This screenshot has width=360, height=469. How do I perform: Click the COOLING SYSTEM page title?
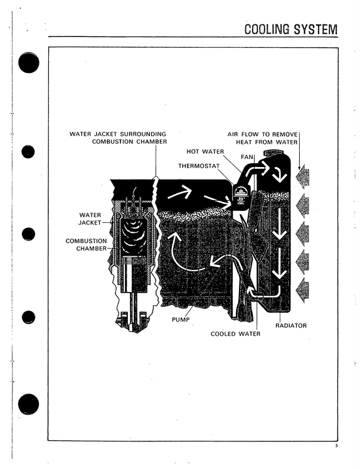(290, 30)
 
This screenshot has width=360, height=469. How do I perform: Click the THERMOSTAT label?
(199, 166)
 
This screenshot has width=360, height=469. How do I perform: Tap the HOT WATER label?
(205, 152)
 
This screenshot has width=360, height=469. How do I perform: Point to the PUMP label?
(181, 320)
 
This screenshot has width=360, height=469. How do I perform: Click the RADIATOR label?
(291, 325)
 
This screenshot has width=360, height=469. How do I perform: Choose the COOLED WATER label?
(235, 334)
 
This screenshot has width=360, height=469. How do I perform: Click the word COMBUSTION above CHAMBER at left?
(86, 241)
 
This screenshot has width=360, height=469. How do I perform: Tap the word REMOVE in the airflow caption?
(284, 134)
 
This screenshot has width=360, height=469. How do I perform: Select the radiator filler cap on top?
(272, 152)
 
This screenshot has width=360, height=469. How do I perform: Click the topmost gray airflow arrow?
(302, 177)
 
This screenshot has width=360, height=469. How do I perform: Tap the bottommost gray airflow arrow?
(302, 290)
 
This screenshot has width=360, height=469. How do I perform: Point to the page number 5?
(336, 446)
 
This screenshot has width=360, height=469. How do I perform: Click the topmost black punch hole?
(28, 63)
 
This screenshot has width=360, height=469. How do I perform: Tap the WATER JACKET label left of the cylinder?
(90, 219)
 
